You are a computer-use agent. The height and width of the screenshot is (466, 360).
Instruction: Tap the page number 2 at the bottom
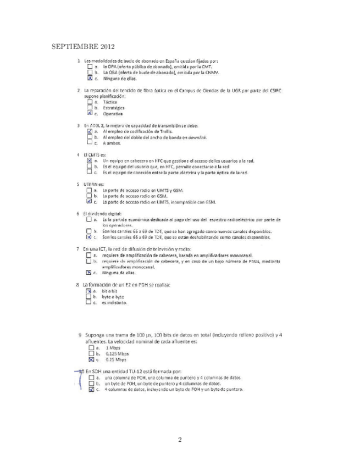(180, 439)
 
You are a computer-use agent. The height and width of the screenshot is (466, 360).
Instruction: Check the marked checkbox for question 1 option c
(90, 79)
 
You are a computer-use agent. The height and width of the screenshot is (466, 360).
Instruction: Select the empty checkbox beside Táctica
(90, 102)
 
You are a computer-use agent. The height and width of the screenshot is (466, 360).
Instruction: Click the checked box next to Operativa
(90, 114)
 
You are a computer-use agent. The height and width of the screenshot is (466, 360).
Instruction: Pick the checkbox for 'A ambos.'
(90, 143)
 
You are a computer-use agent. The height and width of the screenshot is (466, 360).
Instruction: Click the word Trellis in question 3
(165, 132)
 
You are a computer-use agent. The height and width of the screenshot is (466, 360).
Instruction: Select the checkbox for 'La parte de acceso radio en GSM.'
(90, 196)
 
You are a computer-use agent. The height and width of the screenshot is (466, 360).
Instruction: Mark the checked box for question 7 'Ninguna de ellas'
(89, 273)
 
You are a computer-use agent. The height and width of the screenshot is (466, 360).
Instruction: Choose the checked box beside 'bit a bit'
(89, 291)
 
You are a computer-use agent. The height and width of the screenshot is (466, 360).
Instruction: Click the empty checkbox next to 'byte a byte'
(89, 297)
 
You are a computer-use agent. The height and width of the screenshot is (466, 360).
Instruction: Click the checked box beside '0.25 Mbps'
(91, 360)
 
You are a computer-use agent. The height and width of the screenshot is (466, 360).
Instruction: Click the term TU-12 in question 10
(130, 372)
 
